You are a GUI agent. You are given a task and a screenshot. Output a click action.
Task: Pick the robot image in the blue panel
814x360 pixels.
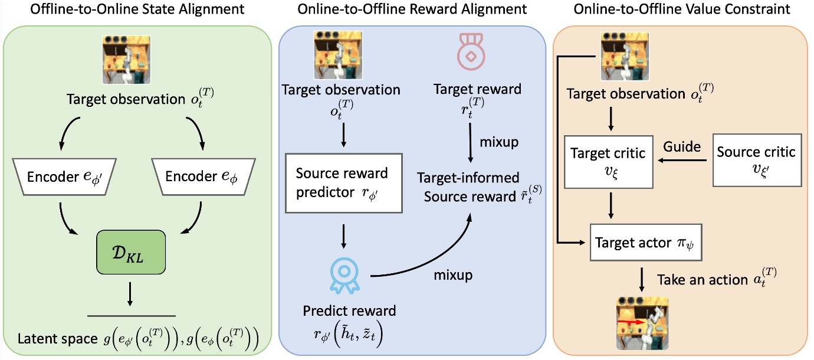pos(342,55)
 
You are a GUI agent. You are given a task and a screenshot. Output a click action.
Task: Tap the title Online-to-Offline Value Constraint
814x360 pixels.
pos(681,10)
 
